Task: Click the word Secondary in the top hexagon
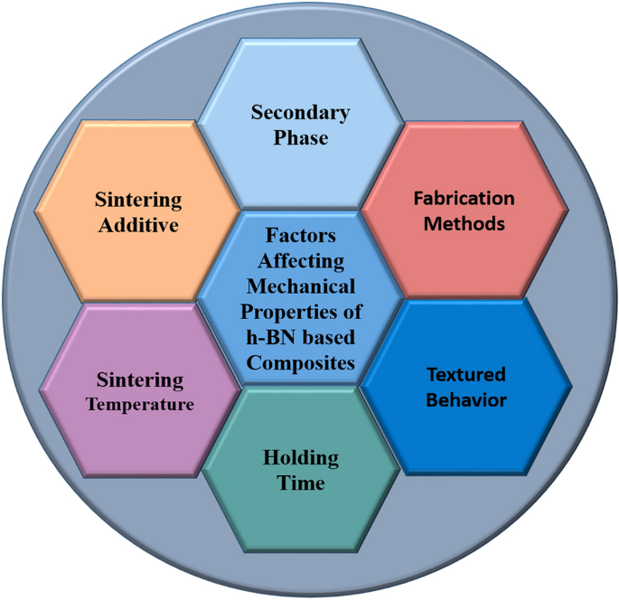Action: [x=300, y=113]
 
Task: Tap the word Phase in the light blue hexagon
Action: [x=302, y=138]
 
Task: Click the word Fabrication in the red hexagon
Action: [x=464, y=198]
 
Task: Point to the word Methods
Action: [x=464, y=223]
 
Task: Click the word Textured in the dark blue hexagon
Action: [x=466, y=374]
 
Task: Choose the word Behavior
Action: [x=466, y=399]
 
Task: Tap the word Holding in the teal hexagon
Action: [x=301, y=458]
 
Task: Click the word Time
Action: [x=301, y=483]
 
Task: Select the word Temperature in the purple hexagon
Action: [x=139, y=404]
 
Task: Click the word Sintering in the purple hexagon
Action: [x=139, y=380]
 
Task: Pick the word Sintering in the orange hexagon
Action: [x=139, y=200]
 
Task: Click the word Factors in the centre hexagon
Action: [x=301, y=235]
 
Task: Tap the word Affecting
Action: [x=301, y=261]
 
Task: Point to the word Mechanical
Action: [x=301, y=286]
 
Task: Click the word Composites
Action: [x=301, y=364]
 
